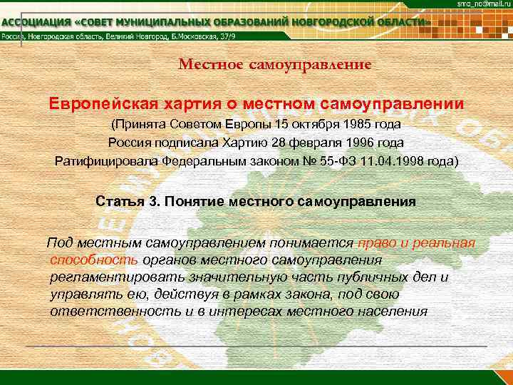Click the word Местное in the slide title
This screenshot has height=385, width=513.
(212, 65)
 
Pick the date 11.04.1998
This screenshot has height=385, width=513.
(389, 161)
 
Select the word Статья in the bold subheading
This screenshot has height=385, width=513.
(120, 201)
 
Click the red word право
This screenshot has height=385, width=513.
(378, 243)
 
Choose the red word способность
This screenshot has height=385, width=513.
(95, 260)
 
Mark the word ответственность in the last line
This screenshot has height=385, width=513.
(106, 312)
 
